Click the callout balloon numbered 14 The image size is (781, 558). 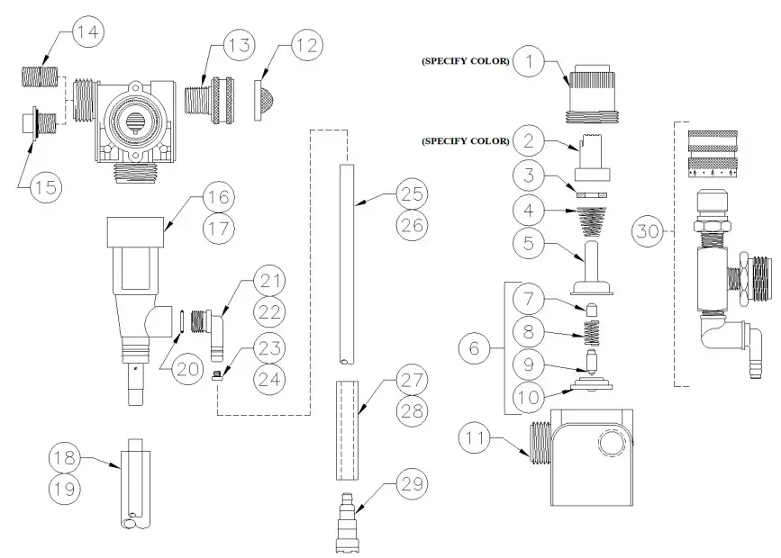[89, 33]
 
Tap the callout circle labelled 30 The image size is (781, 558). [646, 232]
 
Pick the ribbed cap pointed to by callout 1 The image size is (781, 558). [589, 90]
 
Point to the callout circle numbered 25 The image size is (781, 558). [413, 194]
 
